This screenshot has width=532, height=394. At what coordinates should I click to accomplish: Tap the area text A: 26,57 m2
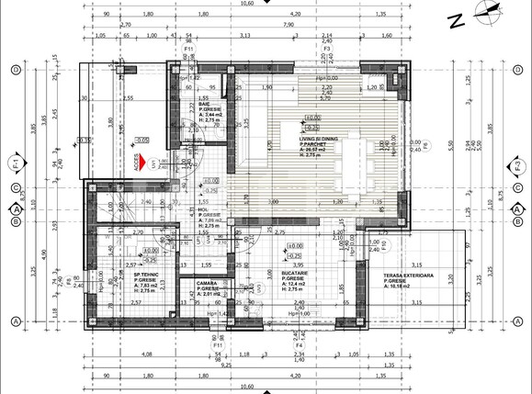point(319,151)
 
